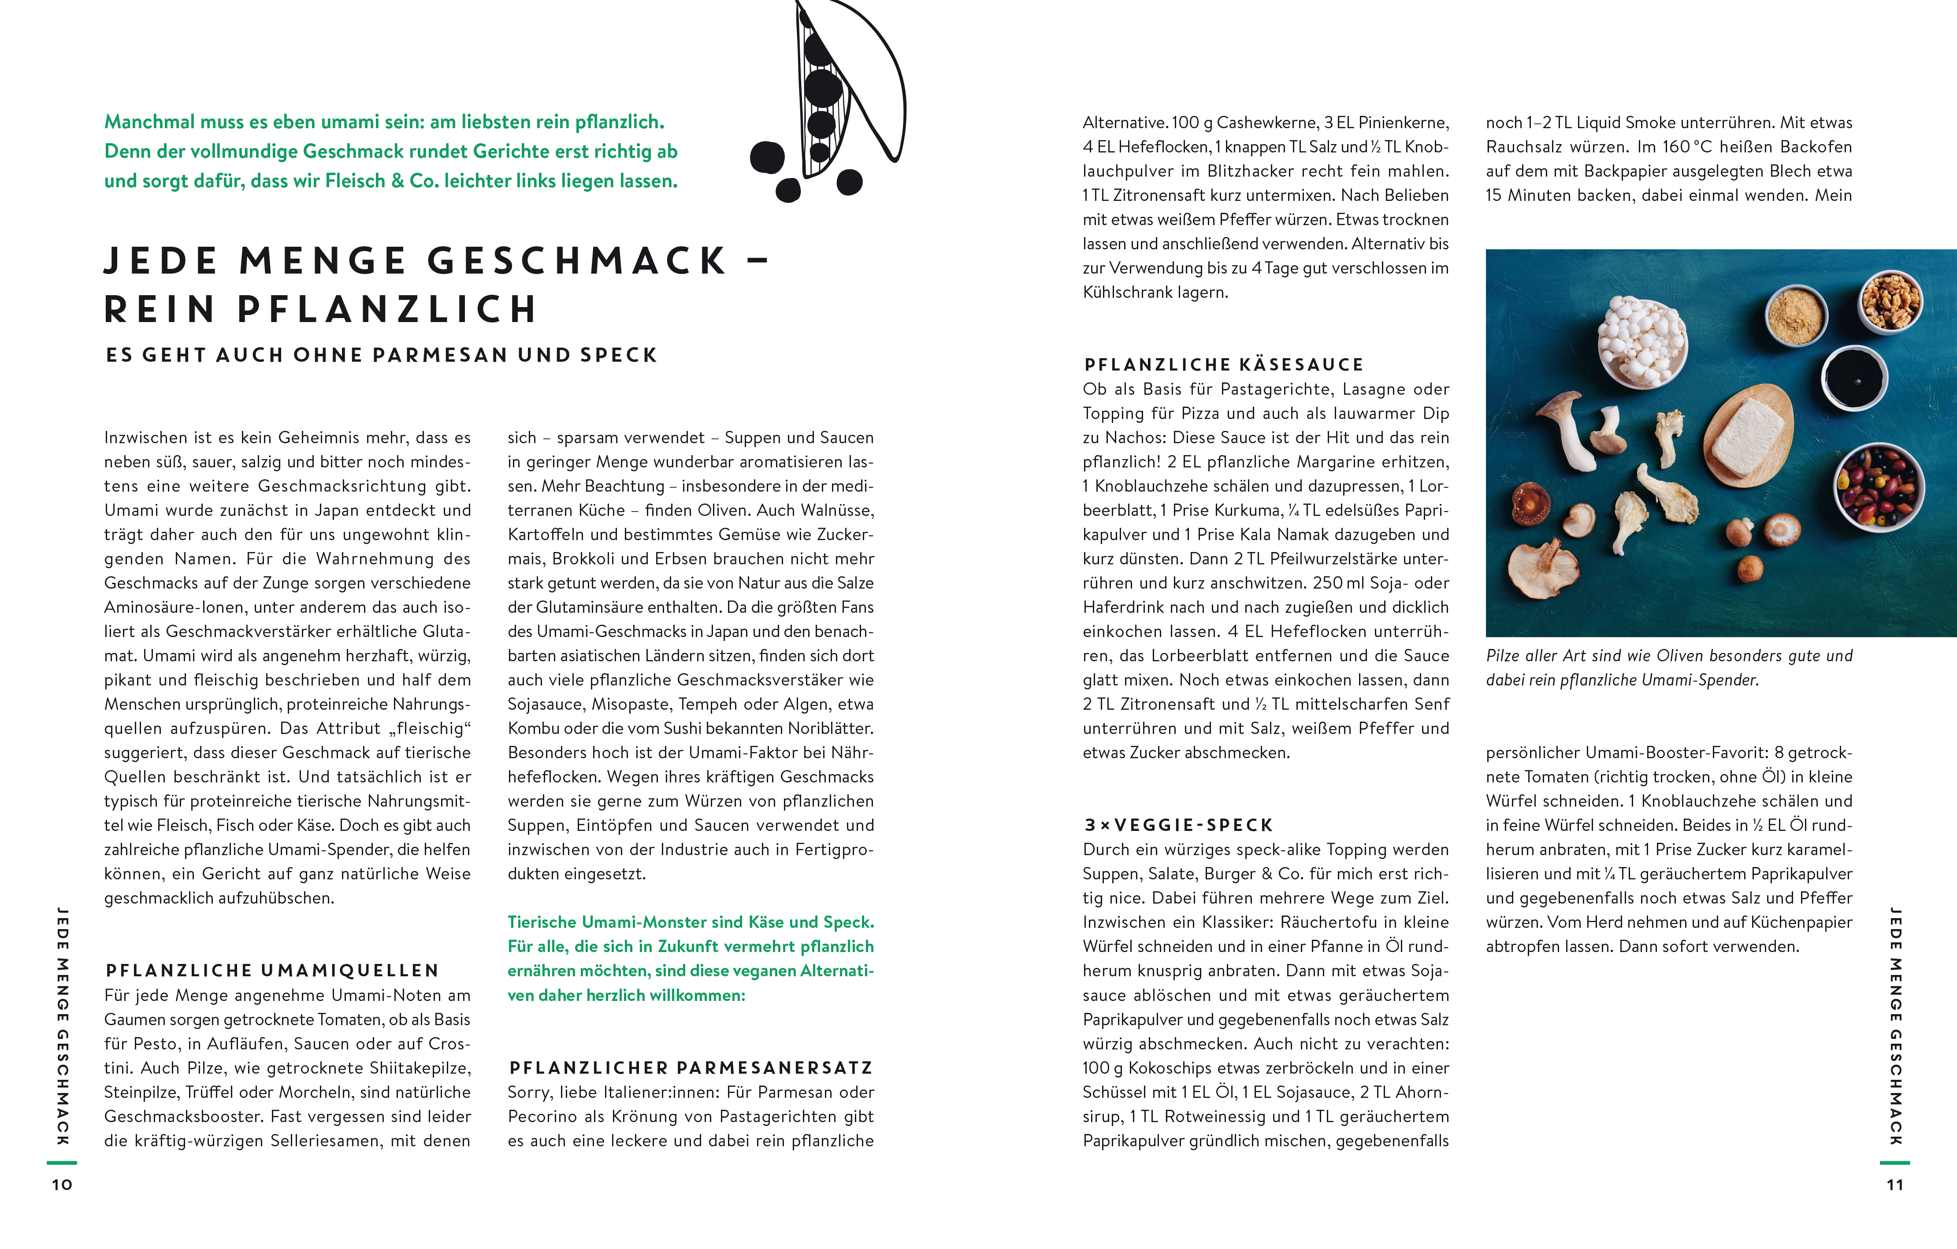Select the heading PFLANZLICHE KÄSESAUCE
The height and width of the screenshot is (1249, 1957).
click(1223, 365)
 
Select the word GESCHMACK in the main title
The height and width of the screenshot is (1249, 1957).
click(576, 261)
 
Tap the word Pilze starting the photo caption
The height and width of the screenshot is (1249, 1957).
click(1504, 656)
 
